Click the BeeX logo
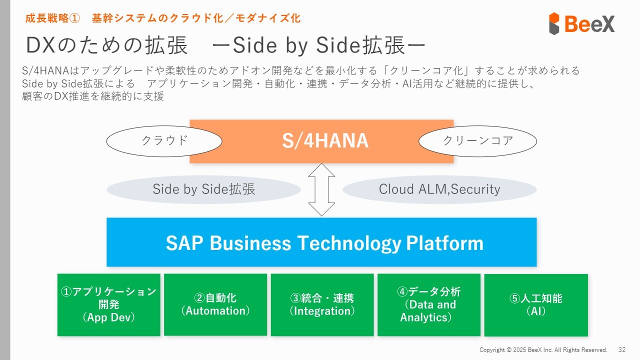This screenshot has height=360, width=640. coord(581,23)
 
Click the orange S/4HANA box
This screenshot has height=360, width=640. coord(321,141)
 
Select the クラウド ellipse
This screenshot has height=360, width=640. coord(164,141)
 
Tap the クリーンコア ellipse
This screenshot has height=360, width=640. coord(477,141)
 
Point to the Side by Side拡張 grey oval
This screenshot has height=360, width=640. coord(203,189)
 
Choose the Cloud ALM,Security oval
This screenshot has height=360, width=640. coord(439,189)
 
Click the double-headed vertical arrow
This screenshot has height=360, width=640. coord(321,189)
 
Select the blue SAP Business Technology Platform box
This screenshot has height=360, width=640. coord(321,242)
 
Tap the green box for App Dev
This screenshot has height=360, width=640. coord(109,305)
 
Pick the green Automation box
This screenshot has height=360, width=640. coord(215,305)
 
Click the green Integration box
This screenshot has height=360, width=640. coord(322,305)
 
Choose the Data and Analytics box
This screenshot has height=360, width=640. coord(429,305)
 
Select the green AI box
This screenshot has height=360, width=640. coord(536,305)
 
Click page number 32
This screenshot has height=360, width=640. coord(622,349)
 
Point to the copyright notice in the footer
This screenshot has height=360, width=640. coord(543,350)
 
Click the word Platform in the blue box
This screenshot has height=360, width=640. coord(444,243)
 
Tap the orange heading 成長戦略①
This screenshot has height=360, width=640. coord(52,18)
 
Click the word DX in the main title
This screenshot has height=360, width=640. coord(40,45)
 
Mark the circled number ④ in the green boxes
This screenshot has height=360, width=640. coord(402,291)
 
